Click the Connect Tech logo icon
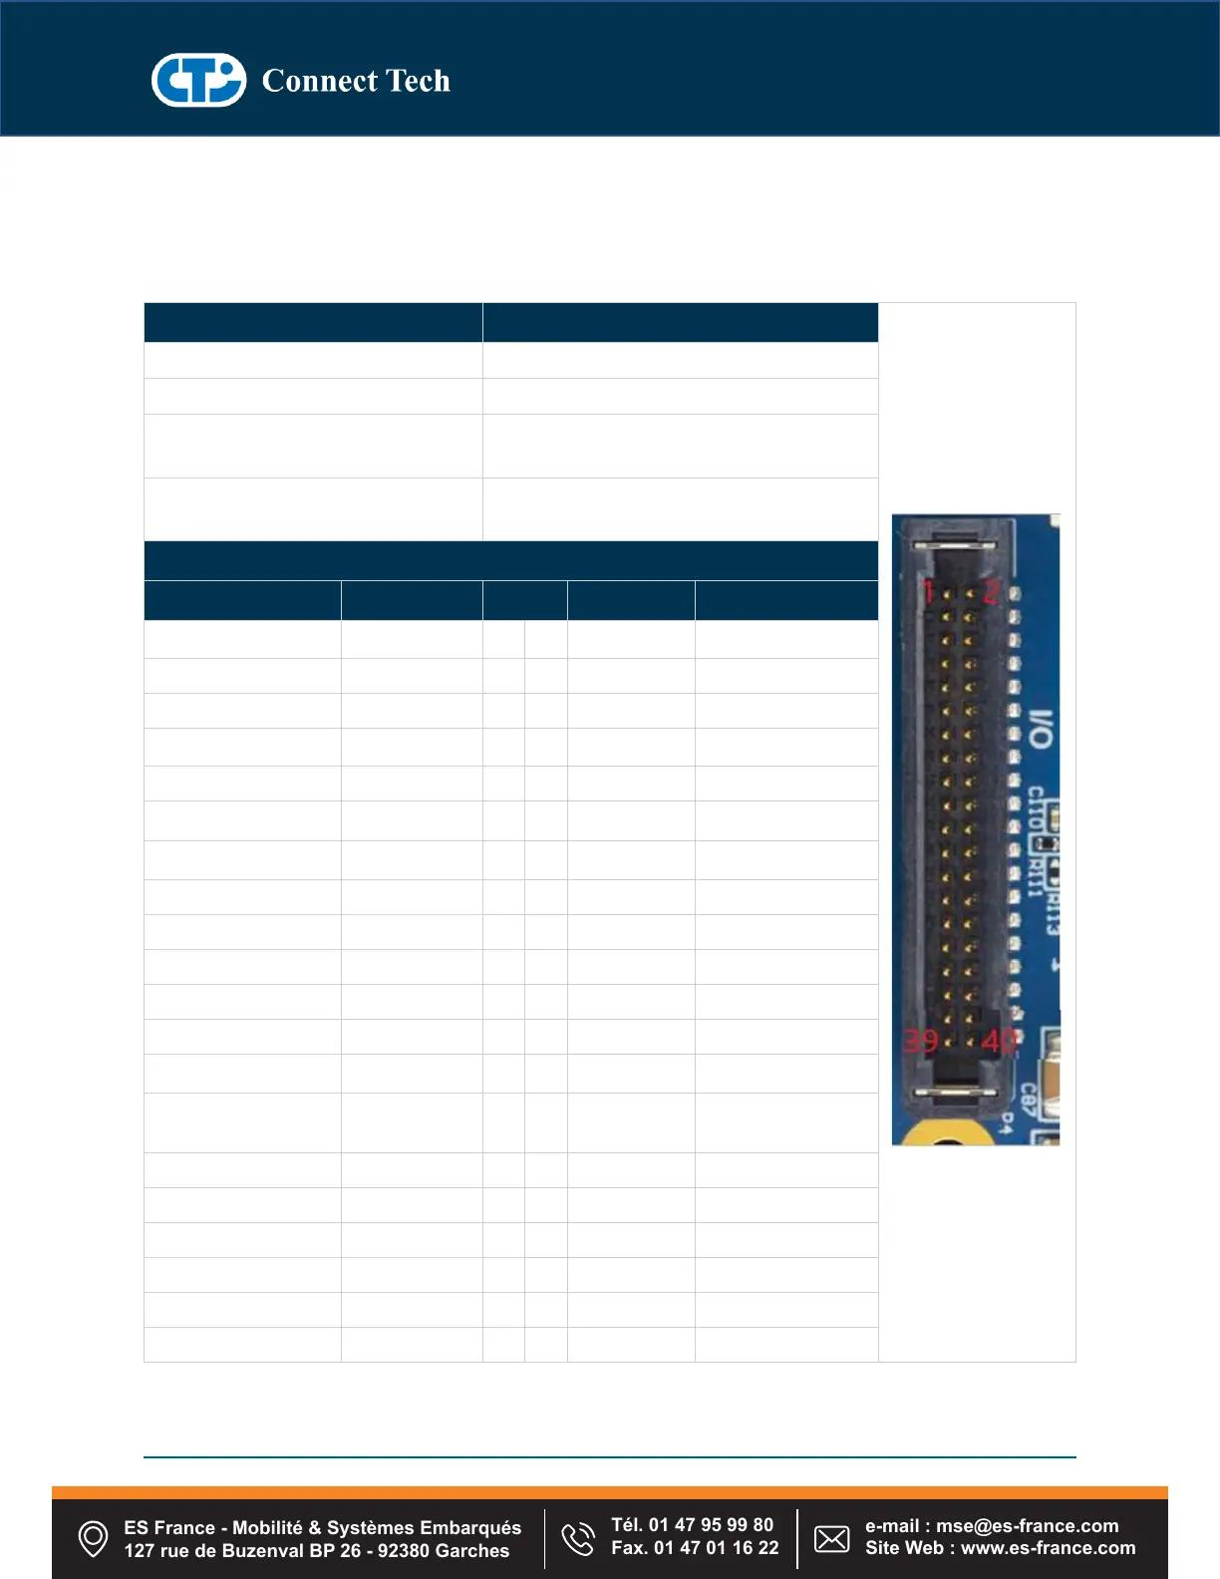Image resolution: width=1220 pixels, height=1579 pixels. point(198,80)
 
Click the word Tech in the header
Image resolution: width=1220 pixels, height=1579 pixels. point(418,81)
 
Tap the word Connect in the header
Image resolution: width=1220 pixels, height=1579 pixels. point(319,81)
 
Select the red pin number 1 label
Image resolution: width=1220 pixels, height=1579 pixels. point(928,591)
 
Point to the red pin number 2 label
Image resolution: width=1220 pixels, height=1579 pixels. point(991,591)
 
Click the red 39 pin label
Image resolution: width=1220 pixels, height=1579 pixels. point(920,1041)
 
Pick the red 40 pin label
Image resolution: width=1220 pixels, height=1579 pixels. point(998,1041)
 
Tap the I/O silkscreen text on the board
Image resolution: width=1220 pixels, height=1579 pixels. point(1040,730)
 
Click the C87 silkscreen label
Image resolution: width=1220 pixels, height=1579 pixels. point(1028,1100)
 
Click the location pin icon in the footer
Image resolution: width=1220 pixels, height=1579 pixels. point(93,1538)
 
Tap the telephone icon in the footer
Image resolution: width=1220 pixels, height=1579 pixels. point(578,1538)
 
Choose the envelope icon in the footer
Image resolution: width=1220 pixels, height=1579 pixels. point(832,1538)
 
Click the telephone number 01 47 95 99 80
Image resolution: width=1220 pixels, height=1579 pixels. point(711,1525)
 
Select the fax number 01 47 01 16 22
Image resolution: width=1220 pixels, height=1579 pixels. point(716,1548)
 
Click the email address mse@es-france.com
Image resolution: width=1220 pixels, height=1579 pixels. point(1027,1526)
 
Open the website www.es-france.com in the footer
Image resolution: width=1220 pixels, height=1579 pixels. point(1048,1548)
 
